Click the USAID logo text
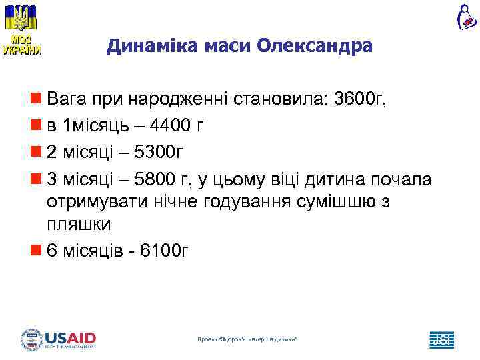point(70,338)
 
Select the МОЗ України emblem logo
point(21,29)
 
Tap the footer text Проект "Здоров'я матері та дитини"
point(247,341)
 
